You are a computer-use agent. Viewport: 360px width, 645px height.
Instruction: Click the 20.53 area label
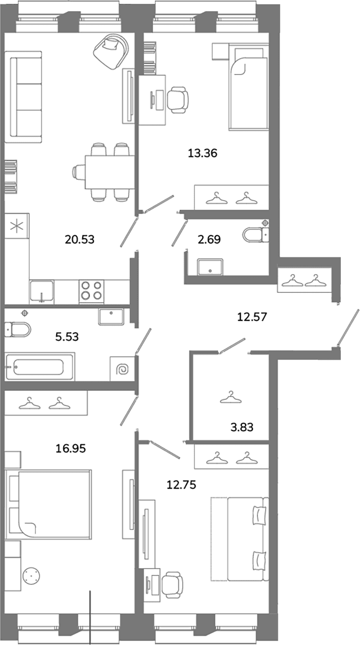(x=79, y=239)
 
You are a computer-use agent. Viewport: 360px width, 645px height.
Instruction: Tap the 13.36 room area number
(x=202, y=153)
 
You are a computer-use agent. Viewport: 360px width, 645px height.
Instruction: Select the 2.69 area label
(x=209, y=239)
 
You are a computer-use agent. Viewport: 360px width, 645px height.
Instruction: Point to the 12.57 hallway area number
(x=252, y=317)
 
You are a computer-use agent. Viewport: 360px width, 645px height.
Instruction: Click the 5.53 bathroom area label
(x=67, y=337)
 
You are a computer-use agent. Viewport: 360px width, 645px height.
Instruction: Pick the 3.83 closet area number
(x=242, y=427)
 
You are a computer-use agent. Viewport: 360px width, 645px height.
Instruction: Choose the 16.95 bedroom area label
(x=71, y=448)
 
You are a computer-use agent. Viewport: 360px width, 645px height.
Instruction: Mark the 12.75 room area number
(x=181, y=485)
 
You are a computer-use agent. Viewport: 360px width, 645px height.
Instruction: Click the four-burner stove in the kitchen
(x=91, y=291)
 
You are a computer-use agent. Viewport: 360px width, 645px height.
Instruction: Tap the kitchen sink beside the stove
(x=41, y=291)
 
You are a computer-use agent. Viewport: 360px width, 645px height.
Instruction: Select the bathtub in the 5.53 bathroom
(x=40, y=367)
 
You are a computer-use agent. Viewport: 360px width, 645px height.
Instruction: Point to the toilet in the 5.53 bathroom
(x=18, y=329)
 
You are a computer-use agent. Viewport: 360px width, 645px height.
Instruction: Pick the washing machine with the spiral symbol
(x=123, y=369)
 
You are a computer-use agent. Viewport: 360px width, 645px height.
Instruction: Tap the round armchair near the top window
(x=111, y=51)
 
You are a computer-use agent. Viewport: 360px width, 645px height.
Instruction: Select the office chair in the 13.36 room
(x=178, y=100)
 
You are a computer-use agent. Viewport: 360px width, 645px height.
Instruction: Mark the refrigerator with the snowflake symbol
(x=17, y=226)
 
